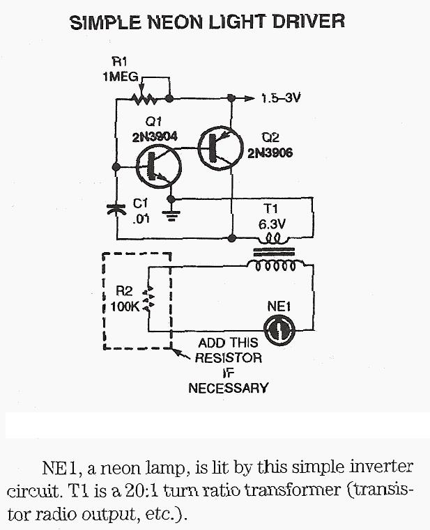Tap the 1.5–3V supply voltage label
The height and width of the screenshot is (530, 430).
(280, 98)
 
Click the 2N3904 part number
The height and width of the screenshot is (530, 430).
(155, 137)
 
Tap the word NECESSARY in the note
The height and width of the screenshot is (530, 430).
(228, 388)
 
